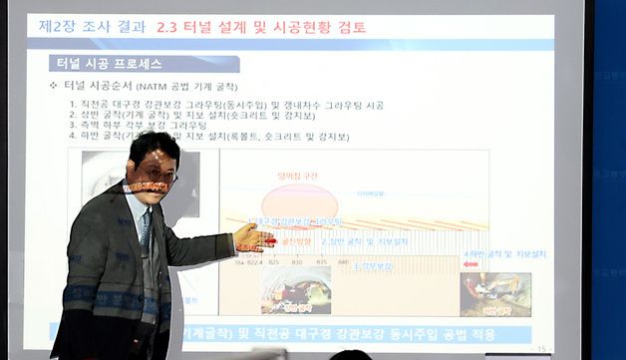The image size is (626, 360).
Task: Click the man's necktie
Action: tap(147, 230)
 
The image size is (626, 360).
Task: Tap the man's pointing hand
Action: tap(251, 237)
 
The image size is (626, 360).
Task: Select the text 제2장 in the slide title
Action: tap(61, 27)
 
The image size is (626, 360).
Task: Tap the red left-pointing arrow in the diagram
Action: tap(470, 265)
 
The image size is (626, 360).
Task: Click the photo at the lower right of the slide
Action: tap(494, 294)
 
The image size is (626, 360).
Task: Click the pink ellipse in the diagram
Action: tap(299, 199)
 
